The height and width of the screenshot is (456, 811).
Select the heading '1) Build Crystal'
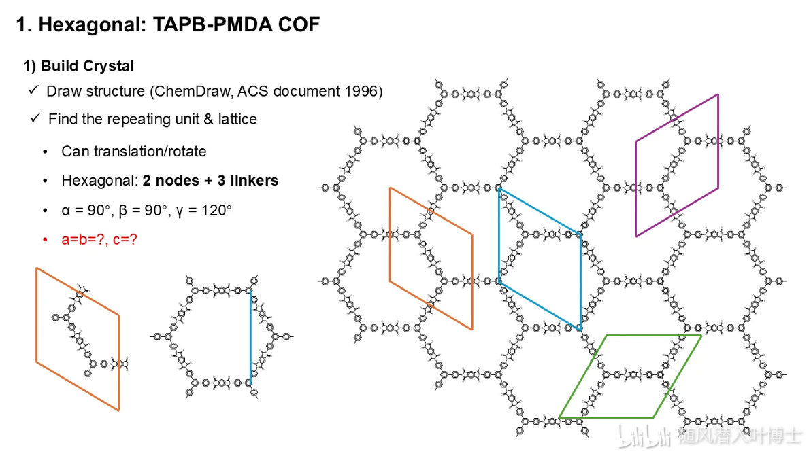point(79,66)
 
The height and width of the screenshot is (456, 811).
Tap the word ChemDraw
point(193,92)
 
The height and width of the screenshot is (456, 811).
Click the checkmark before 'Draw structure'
point(33,90)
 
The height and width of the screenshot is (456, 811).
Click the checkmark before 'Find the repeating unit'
point(35,118)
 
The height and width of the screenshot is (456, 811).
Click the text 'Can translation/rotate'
point(134,152)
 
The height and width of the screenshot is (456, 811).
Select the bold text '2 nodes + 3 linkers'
point(210,181)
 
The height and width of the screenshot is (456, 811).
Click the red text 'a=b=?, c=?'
point(99,240)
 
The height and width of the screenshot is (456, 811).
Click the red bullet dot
point(46,240)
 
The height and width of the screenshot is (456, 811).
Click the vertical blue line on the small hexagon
point(251,336)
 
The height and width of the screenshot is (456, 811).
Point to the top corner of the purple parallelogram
point(718,94)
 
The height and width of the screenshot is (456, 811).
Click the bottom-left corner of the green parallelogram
point(560,417)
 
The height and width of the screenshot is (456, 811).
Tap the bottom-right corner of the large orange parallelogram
point(472,329)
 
